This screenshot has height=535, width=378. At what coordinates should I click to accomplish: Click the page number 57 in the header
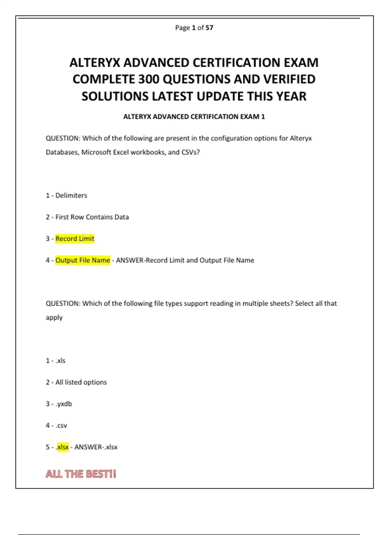(x=209, y=28)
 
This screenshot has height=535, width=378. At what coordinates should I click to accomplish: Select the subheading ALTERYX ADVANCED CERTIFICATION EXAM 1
(x=194, y=117)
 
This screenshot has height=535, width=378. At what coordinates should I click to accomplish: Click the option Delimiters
(x=71, y=195)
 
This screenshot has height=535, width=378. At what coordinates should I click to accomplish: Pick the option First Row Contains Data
(x=92, y=217)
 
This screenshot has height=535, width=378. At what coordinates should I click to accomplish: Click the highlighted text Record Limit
(x=75, y=239)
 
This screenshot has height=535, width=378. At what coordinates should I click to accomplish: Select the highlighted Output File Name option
(x=83, y=260)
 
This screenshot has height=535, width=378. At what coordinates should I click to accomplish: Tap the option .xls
(x=60, y=361)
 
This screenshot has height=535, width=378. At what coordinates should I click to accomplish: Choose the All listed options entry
(x=81, y=382)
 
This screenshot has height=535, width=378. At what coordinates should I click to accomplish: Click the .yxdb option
(x=64, y=404)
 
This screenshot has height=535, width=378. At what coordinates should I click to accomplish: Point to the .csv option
(x=61, y=425)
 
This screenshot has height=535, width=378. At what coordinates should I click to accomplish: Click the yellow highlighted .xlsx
(x=62, y=447)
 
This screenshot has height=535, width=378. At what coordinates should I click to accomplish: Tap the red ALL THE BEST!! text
(x=81, y=474)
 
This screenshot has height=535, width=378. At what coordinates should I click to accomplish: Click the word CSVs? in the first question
(x=190, y=152)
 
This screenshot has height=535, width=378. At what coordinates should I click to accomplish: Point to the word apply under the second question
(x=54, y=318)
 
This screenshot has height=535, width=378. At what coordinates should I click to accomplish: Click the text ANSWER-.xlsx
(x=96, y=447)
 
